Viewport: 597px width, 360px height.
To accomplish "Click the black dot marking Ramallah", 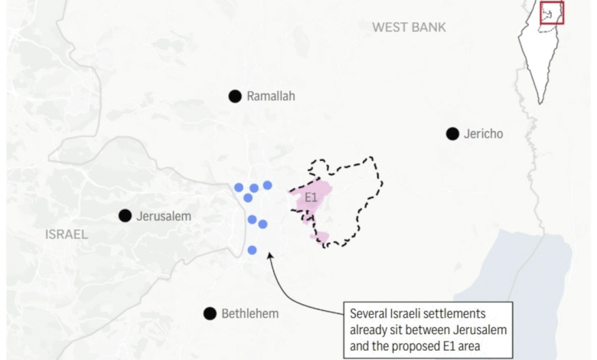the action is tap(235, 96).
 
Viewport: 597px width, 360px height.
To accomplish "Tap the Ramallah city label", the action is tap(270, 97).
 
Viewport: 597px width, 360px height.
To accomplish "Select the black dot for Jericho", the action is tap(452, 134).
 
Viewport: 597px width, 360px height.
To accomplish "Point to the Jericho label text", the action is tap(484, 134).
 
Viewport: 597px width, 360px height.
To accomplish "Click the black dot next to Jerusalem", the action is tap(125, 216).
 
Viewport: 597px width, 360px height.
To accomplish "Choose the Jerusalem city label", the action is tap(164, 216).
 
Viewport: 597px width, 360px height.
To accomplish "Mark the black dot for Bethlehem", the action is tap(210, 313).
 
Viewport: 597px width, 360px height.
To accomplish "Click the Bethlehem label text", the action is tap(250, 313).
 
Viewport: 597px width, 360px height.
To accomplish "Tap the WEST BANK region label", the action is tap(409, 28).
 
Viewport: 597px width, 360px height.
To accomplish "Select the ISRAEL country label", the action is tap(67, 234).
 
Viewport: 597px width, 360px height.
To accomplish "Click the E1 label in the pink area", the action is tap(311, 198).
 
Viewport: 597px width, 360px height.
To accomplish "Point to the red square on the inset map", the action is tap(552, 13).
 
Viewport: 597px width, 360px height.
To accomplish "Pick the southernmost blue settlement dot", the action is tap(252, 250).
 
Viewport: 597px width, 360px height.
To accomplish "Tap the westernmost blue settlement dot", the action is tap(239, 187).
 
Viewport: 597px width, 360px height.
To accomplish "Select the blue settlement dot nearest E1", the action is tap(267, 185).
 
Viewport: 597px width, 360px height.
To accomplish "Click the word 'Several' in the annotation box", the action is tap(370, 314).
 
